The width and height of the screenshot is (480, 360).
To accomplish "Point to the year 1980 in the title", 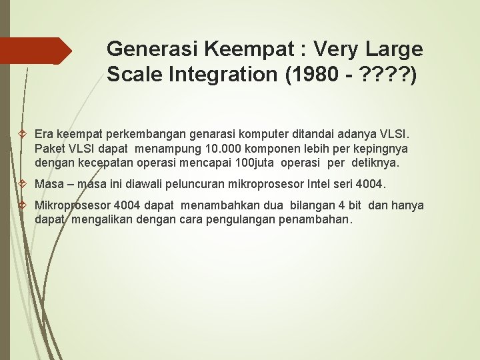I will click(309, 75).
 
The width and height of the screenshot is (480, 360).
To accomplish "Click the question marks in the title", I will click(383, 75).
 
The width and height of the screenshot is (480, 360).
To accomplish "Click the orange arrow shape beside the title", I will click(36, 51).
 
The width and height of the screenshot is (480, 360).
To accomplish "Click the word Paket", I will click(49, 148).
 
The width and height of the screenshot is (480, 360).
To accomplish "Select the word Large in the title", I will click(394, 49).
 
